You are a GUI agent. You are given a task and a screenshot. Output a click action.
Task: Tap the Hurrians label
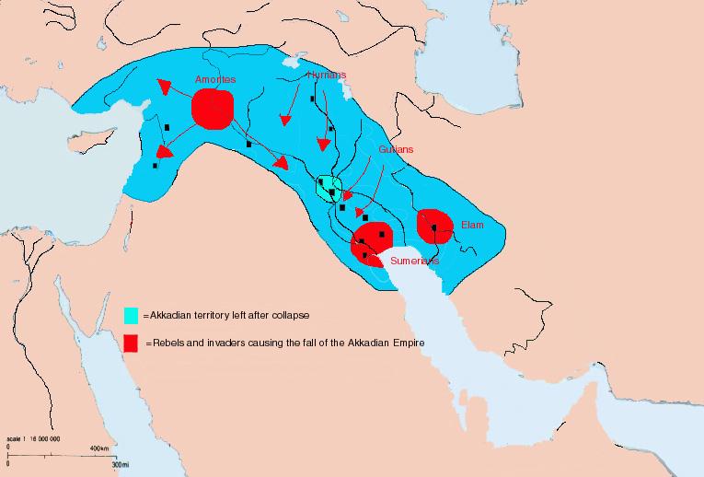327,76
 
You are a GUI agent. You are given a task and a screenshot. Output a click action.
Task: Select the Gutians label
397,149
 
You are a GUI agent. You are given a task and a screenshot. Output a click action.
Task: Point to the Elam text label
471,224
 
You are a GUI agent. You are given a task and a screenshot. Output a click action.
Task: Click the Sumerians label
414,261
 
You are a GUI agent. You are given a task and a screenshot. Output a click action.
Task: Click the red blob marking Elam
434,226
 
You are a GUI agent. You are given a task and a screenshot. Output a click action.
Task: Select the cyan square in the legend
132,314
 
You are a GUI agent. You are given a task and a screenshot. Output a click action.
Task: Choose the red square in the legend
132,343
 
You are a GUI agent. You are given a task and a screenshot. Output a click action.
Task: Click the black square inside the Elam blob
433,227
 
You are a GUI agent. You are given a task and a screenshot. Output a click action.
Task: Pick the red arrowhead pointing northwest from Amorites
164,87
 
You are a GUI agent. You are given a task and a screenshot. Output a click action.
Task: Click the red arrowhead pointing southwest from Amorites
163,151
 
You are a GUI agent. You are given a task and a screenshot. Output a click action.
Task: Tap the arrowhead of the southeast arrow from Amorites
281,163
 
